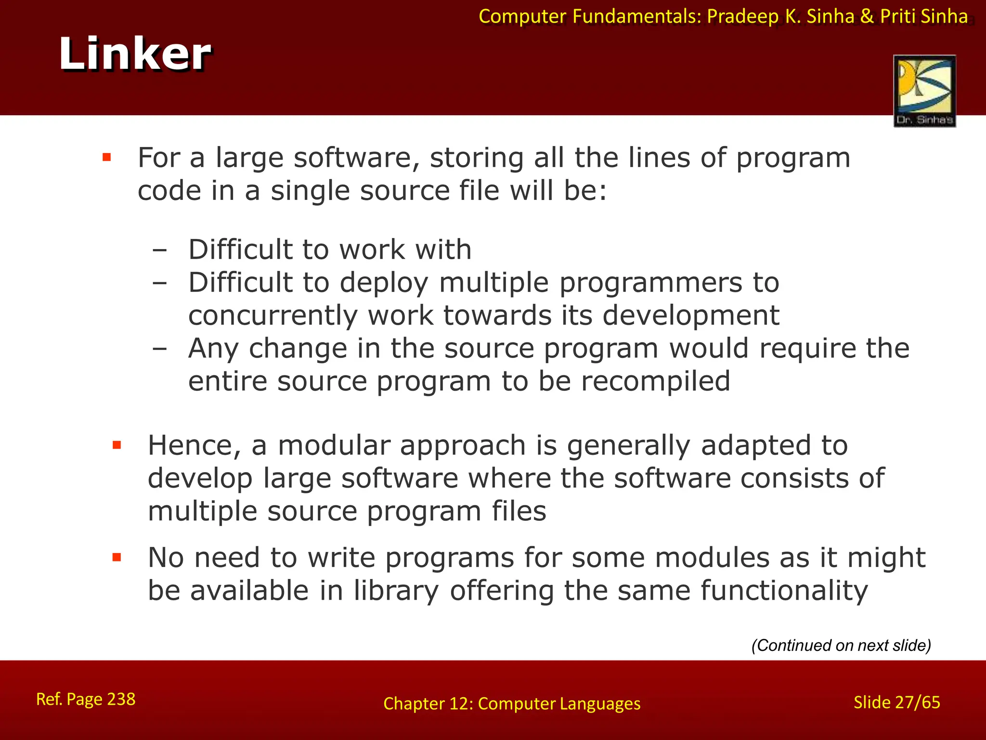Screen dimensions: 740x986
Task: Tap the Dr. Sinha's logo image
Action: [x=924, y=91]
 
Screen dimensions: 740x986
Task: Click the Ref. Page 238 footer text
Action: [x=86, y=699]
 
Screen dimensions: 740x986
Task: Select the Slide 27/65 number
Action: [x=896, y=702]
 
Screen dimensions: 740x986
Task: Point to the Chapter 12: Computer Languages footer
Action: [x=512, y=704]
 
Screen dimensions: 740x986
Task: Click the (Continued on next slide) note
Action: [x=841, y=645]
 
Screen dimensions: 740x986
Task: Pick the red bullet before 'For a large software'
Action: [x=107, y=157]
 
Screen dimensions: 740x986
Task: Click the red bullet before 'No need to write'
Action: [x=117, y=557]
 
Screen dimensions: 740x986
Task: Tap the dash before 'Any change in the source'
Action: [x=159, y=349]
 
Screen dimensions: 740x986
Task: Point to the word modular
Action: [x=334, y=445]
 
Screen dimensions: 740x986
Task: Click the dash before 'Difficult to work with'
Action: [x=159, y=251]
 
